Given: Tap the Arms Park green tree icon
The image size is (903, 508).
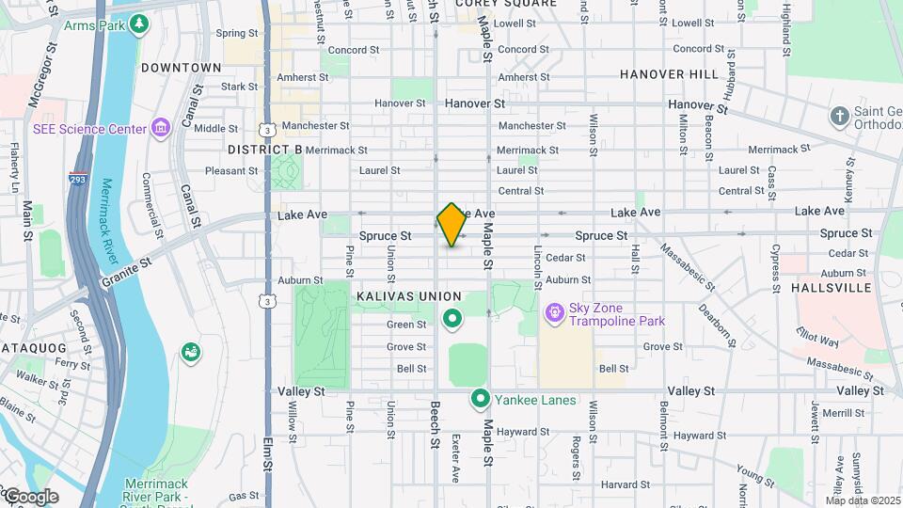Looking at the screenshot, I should [139, 23].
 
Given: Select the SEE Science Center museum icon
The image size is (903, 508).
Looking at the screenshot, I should [160, 128].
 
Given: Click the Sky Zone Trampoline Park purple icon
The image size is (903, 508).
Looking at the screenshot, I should [555, 310].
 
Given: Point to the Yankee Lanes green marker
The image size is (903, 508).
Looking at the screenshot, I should [481, 400].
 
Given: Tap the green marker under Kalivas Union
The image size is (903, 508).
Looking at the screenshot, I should [452, 321].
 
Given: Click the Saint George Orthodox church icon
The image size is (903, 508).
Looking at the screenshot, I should [839, 117].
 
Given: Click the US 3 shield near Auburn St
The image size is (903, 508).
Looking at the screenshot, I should [269, 301].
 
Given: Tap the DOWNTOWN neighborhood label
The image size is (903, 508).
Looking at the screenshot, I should [181, 68].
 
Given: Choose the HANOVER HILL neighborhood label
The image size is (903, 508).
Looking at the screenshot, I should [669, 73].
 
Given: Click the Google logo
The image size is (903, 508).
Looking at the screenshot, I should [31, 496].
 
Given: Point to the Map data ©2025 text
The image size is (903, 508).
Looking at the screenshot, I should [862, 500].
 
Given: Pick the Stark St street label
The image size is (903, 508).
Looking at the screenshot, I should [239, 87].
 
